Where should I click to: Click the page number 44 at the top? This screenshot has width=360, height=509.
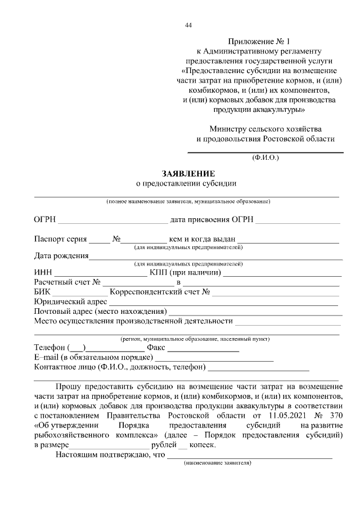pyautogui.click(x=188, y=25)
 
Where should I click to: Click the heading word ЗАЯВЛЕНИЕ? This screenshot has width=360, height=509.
pyautogui.click(x=188, y=173)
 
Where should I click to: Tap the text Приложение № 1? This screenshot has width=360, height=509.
pyautogui.click(x=260, y=42)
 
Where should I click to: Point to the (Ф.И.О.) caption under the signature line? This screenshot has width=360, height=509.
pyautogui.click(x=265, y=158)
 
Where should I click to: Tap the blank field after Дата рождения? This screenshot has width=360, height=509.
pyautogui.click(x=216, y=256)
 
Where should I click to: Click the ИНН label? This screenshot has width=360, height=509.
pyautogui.click(x=43, y=273)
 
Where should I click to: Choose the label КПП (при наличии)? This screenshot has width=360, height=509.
pyautogui.click(x=185, y=273)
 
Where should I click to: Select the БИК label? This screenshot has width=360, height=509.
pyautogui.click(x=42, y=292)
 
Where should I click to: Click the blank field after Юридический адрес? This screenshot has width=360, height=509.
pyautogui.click(x=225, y=302)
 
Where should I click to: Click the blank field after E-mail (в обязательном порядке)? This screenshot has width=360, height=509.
pyautogui.click(x=214, y=358)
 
